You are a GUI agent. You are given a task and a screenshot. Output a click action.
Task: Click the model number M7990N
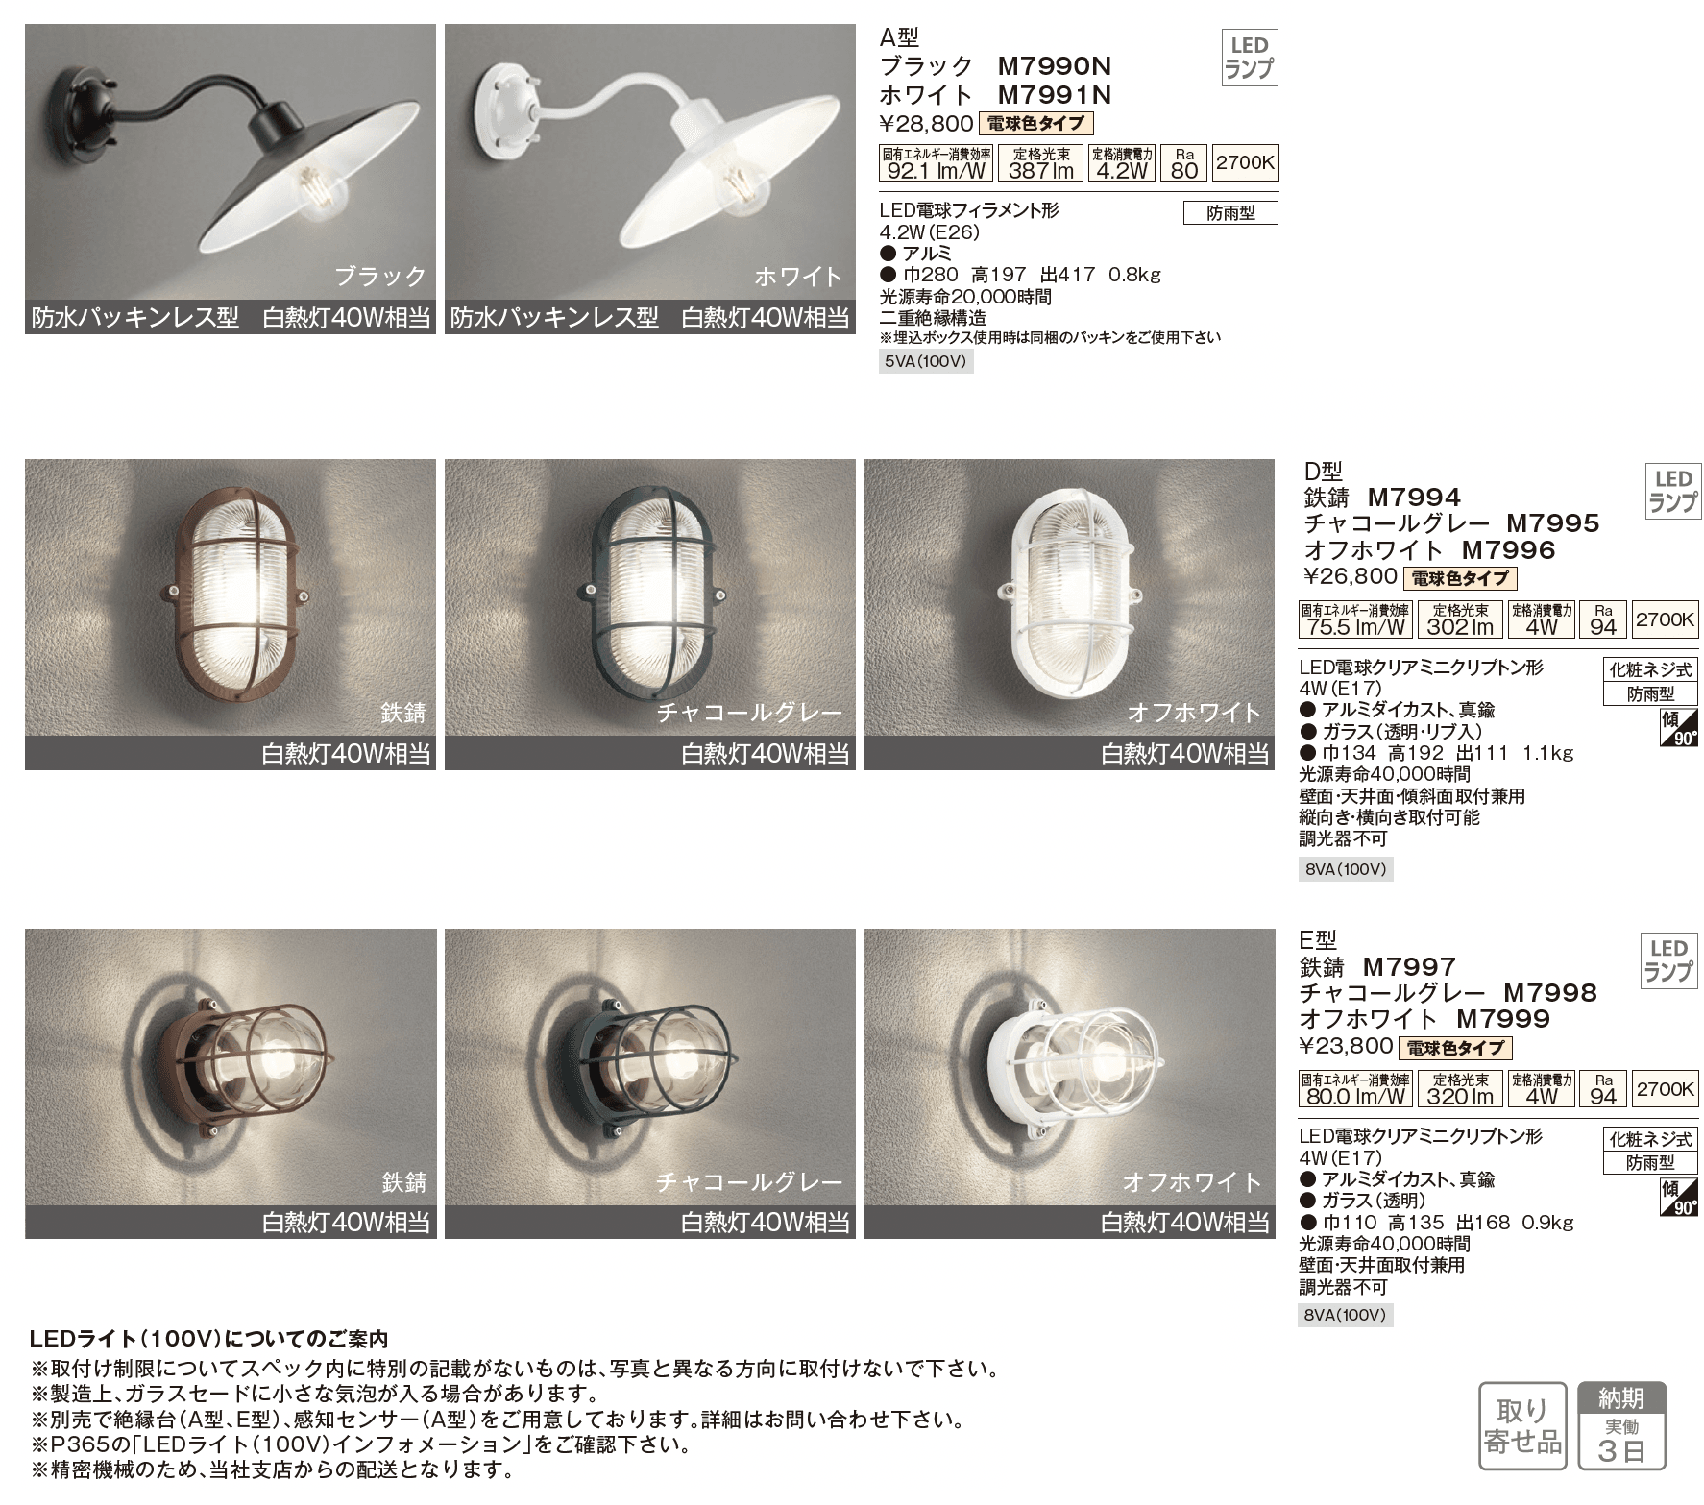click(1054, 66)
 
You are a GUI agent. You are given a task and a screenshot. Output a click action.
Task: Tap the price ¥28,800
click(926, 124)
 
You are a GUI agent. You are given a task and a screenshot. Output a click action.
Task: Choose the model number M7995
click(1552, 523)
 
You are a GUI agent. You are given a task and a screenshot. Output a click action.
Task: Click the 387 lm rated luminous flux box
click(1041, 163)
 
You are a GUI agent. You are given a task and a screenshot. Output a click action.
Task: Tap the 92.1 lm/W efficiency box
click(935, 163)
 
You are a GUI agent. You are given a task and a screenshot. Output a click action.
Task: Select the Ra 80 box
click(1184, 163)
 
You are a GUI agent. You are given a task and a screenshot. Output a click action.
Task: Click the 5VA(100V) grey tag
click(926, 362)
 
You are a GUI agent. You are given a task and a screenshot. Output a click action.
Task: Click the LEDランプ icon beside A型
click(1249, 58)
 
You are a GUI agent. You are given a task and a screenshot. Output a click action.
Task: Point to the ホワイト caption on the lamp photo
click(798, 277)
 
